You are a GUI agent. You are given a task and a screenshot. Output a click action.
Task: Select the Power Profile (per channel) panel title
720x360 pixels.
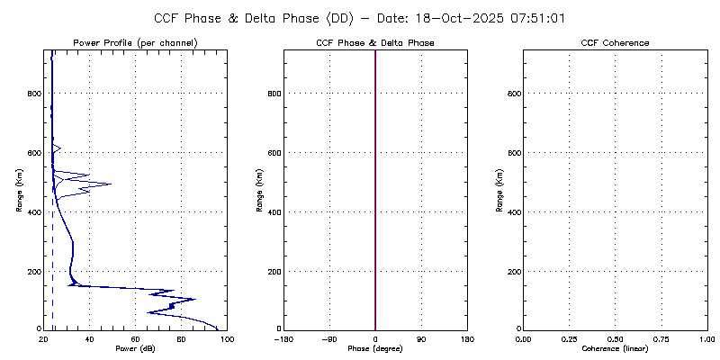(135, 43)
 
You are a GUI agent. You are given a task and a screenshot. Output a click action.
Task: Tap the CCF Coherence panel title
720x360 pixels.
(616, 43)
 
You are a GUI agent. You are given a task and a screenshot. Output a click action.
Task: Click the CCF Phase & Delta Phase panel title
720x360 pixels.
(375, 43)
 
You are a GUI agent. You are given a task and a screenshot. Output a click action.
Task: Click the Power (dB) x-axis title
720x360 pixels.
(135, 347)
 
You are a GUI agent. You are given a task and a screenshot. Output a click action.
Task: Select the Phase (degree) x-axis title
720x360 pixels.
(375, 347)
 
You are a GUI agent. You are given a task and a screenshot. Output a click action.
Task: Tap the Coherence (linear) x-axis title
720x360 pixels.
(616, 347)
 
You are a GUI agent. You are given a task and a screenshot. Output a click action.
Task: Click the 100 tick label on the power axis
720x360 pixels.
(227, 338)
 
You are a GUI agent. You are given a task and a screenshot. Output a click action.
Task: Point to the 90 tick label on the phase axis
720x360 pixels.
(421, 338)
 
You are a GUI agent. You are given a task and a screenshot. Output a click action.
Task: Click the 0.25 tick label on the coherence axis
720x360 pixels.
(569, 338)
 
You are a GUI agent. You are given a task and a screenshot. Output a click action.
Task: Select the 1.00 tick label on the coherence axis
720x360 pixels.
(707, 338)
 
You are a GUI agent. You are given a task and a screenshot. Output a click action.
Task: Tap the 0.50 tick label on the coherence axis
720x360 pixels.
(616, 338)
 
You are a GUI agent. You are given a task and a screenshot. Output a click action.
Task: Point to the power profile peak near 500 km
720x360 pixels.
(110, 184)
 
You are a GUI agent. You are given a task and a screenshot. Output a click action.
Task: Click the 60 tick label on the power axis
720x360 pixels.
(135, 338)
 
